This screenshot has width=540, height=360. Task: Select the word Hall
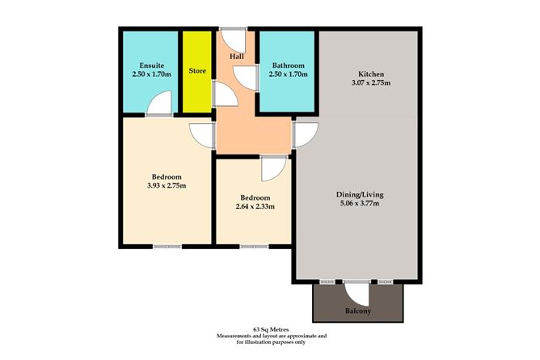(x=237, y=57)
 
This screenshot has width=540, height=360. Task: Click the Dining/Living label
(x=358, y=194)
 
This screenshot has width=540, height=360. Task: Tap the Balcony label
(x=357, y=311)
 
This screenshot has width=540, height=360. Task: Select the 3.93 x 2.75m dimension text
(x=166, y=185)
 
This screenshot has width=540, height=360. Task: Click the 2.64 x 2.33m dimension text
(x=254, y=206)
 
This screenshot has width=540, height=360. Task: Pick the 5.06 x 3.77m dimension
(x=358, y=203)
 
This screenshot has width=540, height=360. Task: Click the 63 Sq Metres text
(x=270, y=329)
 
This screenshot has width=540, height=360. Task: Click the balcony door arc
(x=356, y=290)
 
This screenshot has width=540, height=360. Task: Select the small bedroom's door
(x=272, y=167)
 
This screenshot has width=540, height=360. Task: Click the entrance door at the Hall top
(x=234, y=38)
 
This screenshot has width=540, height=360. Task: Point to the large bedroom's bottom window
(x=167, y=246)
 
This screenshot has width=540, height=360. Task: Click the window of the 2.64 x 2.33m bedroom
(x=253, y=246)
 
